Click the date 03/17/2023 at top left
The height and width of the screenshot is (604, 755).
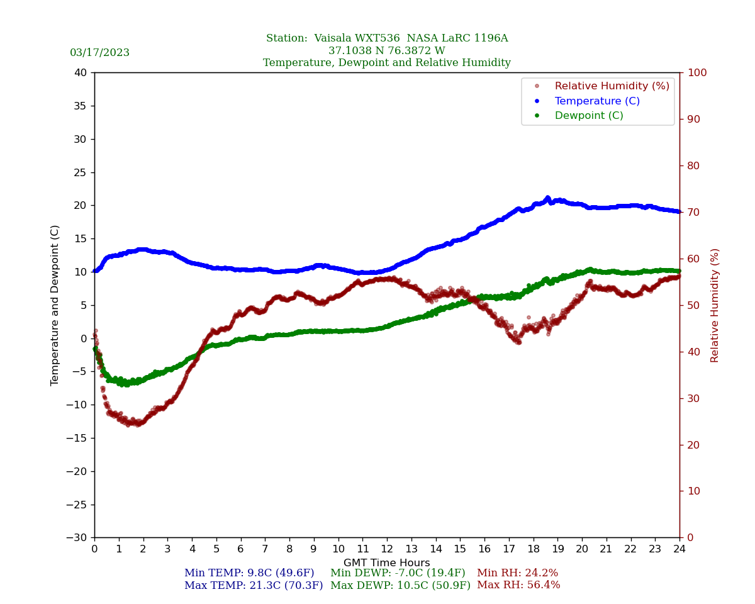click(99, 53)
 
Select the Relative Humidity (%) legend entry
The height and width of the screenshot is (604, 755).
click(612, 86)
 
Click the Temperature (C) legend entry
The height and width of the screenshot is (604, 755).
click(596, 101)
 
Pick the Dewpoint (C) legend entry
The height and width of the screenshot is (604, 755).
click(588, 116)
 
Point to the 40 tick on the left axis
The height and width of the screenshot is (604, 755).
click(81, 73)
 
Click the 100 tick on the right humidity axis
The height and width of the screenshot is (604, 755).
click(696, 73)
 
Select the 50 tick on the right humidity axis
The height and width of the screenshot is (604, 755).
click(693, 305)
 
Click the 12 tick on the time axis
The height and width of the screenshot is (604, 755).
click(387, 549)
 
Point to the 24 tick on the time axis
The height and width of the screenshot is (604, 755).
click(679, 549)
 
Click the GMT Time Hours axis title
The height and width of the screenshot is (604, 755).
click(386, 563)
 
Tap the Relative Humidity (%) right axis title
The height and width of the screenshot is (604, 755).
click(715, 305)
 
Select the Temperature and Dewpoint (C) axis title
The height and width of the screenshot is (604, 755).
click(55, 305)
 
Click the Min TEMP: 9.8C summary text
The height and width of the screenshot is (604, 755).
click(249, 573)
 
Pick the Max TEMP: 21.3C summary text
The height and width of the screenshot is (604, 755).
click(254, 585)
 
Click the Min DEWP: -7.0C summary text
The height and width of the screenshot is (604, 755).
click(398, 573)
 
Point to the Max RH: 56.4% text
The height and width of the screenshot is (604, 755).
click(518, 585)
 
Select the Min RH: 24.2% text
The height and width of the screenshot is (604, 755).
click(517, 573)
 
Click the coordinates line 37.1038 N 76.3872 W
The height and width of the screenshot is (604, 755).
click(386, 51)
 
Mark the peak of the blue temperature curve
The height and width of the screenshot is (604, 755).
click(547, 198)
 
